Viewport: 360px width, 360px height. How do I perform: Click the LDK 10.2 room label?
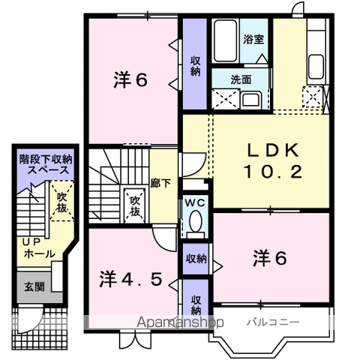[x=273, y=161]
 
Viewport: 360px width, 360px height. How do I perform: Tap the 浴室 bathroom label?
[x=253, y=39]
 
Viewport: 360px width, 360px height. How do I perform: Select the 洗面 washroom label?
[x=241, y=79]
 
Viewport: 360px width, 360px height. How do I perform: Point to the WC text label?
[x=195, y=202]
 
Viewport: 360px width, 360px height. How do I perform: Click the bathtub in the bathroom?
[x=226, y=40]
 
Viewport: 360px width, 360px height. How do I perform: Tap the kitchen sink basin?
[x=316, y=67]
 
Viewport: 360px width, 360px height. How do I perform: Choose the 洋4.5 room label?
[x=130, y=279]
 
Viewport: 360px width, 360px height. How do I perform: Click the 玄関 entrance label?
[x=34, y=286]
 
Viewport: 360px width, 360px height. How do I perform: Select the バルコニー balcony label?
[x=273, y=322]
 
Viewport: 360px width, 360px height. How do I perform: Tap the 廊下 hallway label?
[x=160, y=183]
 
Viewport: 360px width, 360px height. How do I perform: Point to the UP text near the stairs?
[x=31, y=241]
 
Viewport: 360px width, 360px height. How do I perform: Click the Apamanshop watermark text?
[x=180, y=322]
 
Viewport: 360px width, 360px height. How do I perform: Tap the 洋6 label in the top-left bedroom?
[x=130, y=80]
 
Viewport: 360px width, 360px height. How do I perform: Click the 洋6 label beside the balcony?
[x=270, y=258]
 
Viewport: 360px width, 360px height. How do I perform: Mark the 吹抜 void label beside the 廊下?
[x=135, y=206]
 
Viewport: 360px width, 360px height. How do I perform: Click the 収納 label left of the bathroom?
[x=195, y=66]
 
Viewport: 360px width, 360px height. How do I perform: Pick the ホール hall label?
[x=40, y=254]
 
